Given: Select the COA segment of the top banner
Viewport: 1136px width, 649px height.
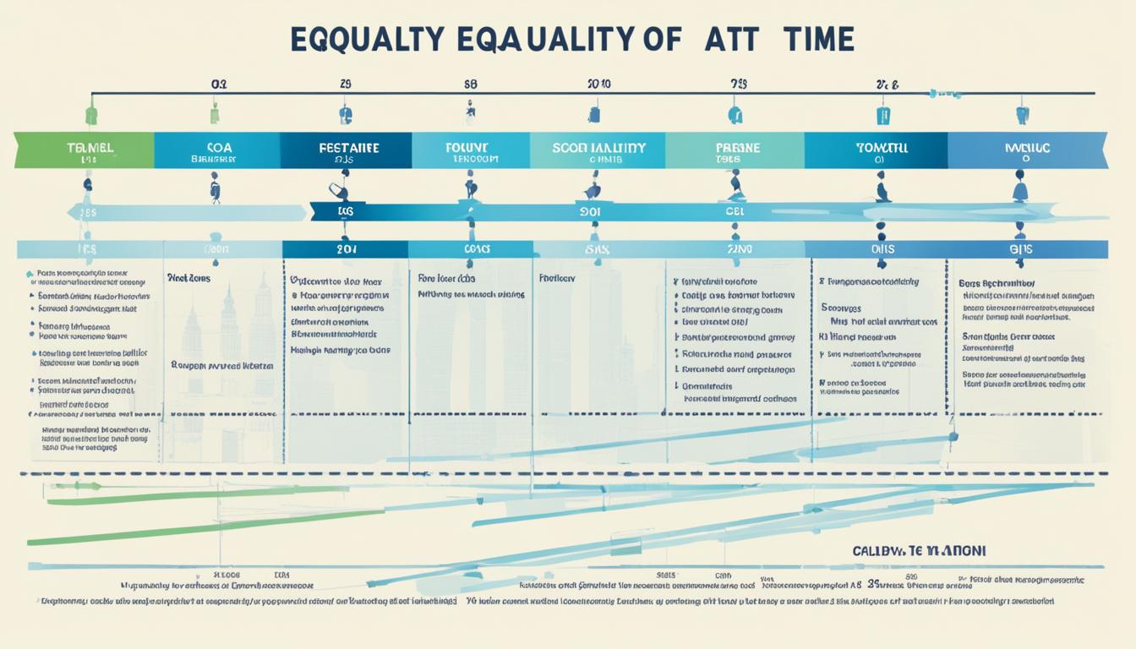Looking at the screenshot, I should coord(217,150).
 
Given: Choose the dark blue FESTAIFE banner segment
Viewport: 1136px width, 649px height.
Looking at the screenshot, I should coord(347,150).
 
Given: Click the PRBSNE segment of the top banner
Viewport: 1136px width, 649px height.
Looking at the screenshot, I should coord(735,150).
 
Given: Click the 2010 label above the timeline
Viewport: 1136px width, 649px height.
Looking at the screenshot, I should coord(598,85).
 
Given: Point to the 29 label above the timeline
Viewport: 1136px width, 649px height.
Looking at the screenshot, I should coord(345,85).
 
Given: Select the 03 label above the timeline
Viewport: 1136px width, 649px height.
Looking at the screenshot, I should coord(218,85).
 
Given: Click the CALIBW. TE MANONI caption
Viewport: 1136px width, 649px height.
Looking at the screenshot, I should coord(919,551).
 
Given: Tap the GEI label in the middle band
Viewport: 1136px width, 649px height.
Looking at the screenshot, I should coord(734,211).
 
